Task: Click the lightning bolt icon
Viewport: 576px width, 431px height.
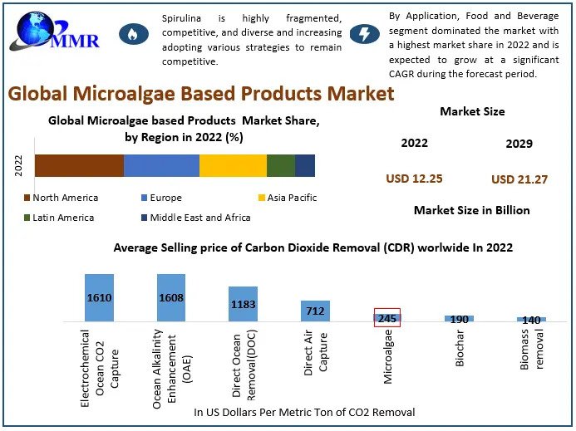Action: click(x=363, y=34)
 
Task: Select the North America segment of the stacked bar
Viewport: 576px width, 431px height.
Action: click(x=79, y=165)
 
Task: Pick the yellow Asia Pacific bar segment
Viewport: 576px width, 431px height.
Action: click(x=233, y=165)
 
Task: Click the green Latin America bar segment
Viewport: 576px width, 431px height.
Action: click(x=280, y=165)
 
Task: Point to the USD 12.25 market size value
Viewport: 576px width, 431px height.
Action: click(x=414, y=179)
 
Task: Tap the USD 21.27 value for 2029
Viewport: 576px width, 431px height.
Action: click(x=519, y=179)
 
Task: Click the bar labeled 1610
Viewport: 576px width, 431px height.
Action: click(x=99, y=297)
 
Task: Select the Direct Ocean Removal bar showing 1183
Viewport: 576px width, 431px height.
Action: click(x=244, y=304)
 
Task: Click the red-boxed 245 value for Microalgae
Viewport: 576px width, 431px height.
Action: click(x=387, y=317)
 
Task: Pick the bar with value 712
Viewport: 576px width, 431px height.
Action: click(x=315, y=311)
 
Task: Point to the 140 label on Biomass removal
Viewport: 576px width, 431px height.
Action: click(x=531, y=320)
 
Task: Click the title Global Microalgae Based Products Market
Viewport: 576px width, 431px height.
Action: click(x=201, y=93)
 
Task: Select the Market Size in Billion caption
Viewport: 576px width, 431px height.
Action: click(x=471, y=210)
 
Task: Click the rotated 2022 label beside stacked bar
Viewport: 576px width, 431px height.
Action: click(x=18, y=165)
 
